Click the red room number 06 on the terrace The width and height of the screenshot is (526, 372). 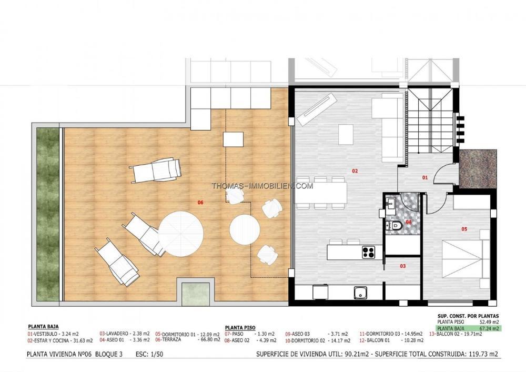pyautogui.click(x=200, y=202)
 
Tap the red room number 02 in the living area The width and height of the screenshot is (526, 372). pyautogui.click(x=355, y=171)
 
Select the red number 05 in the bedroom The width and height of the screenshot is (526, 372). pyautogui.click(x=464, y=229)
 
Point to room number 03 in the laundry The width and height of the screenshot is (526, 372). pyautogui.click(x=403, y=266)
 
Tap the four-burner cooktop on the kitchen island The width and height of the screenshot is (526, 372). pyautogui.click(x=368, y=252)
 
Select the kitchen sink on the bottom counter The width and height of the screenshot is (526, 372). pyautogui.click(x=360, y=293)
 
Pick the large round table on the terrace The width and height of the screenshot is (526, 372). pyautogui.click(x=181, y=234)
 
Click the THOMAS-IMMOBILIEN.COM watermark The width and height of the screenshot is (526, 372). pyautogui.click(x=262, y=186)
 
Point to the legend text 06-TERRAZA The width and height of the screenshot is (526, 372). pyautogui.click(x=168, y=339)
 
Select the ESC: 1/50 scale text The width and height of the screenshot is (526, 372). pyautogui.click(x=149, y=354)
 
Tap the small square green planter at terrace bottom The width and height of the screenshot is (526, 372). pyautogui.click(x=195, y=294)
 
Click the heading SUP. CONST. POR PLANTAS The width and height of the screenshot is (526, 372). pyautogui.click(x=468, y=316)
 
